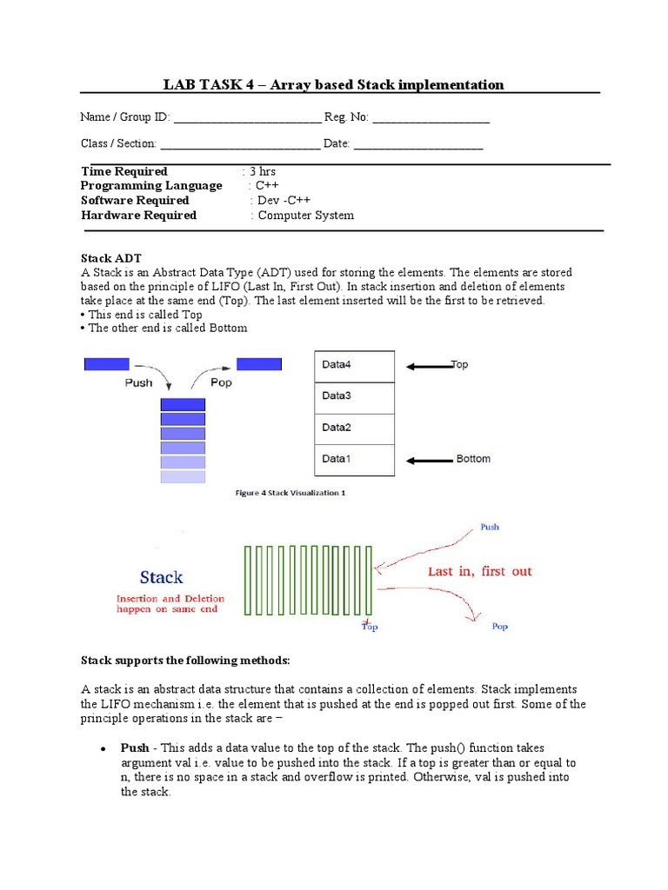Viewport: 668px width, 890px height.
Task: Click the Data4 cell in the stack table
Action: [354, 365]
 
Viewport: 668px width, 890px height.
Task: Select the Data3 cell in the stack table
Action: [354, 396]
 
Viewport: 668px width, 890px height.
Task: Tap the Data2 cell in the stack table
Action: [354, 428]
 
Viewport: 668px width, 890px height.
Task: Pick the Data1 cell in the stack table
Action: [354, 459]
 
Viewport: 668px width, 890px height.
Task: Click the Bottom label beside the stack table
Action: [473, 459]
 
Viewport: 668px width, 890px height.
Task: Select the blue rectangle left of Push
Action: [106, 364]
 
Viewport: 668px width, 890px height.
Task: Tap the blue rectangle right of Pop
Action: [259, 364]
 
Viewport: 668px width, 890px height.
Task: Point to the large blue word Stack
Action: [161, 577]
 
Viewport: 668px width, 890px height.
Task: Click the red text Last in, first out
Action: [479, 572]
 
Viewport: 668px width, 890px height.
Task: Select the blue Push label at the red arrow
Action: [490, 527]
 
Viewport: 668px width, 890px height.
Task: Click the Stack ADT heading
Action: [110, 258]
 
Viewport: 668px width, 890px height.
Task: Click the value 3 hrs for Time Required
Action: [262, 171]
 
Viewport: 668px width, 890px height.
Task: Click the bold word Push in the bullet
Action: [135, 747]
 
